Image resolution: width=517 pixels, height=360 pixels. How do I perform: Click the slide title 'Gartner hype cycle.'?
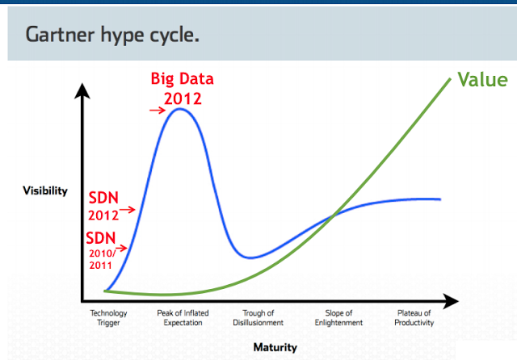point(112,36)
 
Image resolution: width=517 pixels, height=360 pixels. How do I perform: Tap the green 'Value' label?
point(483,80)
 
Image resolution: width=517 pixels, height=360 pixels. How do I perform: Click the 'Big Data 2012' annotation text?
point(183,88)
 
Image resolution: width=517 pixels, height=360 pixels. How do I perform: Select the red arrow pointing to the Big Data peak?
point(158,110)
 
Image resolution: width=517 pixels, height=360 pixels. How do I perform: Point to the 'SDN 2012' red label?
point(103,206)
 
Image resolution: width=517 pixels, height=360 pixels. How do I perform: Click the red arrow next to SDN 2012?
point(128,210)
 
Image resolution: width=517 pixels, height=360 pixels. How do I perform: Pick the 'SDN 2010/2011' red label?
point(101,250)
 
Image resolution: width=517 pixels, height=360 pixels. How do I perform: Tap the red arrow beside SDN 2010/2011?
point(121,248)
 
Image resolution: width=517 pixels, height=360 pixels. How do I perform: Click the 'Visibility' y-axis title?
point(45,190)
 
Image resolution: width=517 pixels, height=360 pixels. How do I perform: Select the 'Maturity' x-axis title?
point(275,347)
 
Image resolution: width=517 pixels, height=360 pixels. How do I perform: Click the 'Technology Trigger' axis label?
point(108,318)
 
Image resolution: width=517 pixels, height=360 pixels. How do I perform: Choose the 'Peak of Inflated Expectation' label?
point(183,318)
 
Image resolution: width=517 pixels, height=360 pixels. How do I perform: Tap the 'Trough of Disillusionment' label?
point(258,318)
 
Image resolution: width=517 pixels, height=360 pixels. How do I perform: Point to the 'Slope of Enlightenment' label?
point(338,318)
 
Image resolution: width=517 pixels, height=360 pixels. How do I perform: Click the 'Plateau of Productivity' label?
point(414,318)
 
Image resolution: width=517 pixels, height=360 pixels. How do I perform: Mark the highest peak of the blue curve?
point(179,109)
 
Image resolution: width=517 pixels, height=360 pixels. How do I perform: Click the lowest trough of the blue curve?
point(250,257)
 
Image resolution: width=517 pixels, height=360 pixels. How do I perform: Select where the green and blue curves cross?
point(334,216)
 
